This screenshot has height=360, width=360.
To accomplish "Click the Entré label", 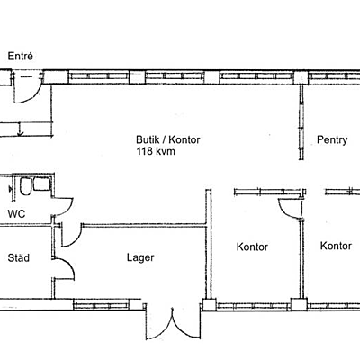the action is tap(20, 57).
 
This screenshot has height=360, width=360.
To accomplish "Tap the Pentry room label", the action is tap(332, 140).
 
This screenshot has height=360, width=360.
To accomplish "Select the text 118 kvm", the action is tap(156, 151).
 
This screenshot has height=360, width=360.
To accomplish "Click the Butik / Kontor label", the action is tap(168, 139).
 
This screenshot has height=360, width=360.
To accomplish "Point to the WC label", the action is tap(16, 214).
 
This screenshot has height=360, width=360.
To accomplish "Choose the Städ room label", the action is tap(19, 257).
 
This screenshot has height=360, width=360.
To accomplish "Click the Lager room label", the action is tap(140, 257).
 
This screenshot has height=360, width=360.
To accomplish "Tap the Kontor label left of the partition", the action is tap(252, 247).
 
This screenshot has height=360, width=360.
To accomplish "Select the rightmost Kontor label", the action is tap(336, 246).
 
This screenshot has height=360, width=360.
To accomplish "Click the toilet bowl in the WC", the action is tap(25, 186).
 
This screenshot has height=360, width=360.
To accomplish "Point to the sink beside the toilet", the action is tap(41, 184).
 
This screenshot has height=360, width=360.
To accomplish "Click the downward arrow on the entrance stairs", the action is tap(20, 130).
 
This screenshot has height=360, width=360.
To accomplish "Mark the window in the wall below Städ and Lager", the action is tap(102, 306).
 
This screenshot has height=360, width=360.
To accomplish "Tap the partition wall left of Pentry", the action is tap(301, 122).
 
